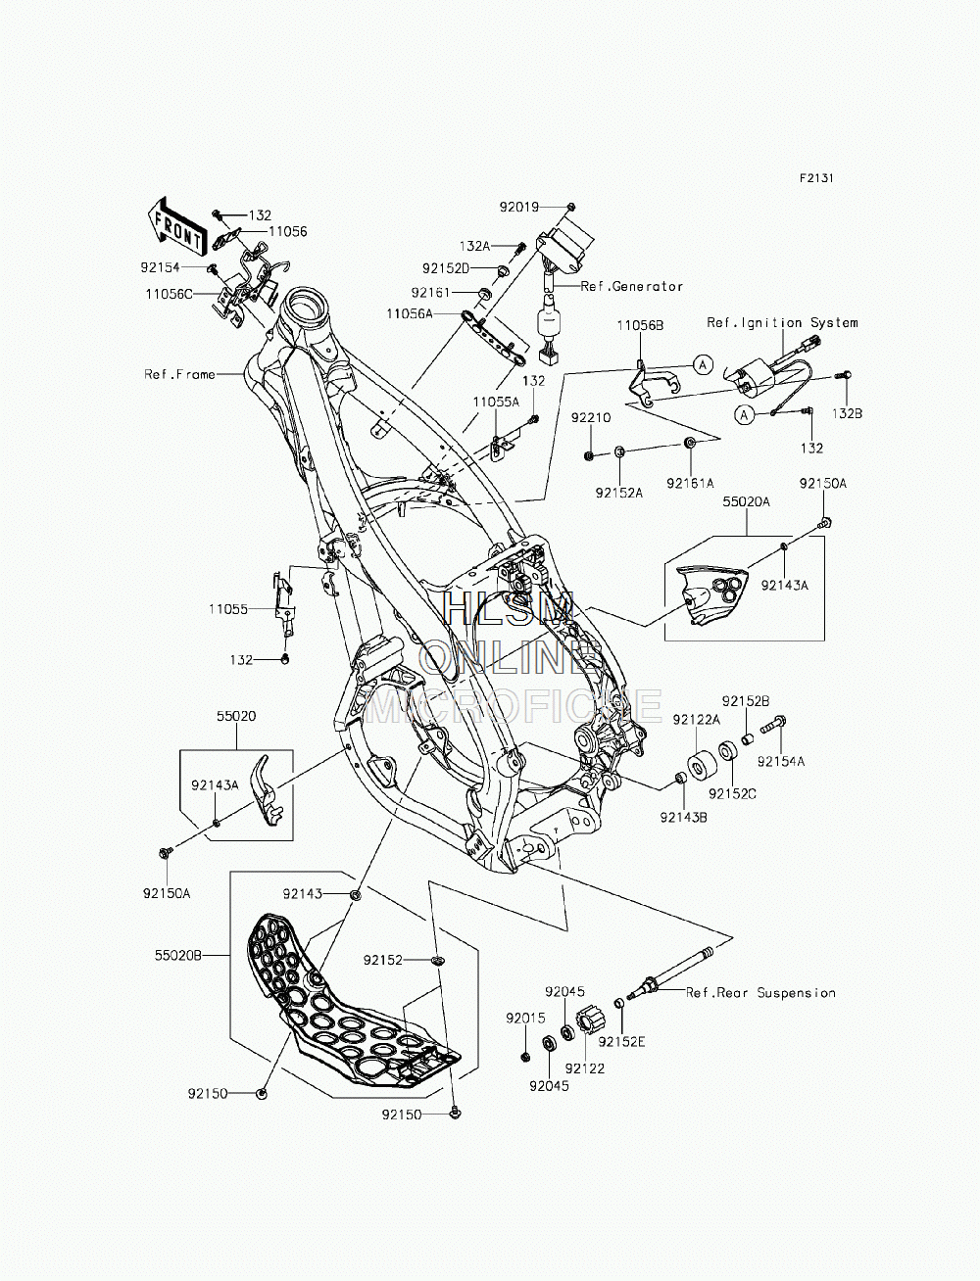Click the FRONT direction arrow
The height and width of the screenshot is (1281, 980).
[x=176, y=227]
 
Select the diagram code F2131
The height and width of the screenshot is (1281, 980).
[x=816, y=178]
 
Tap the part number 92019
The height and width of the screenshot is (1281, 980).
[x=518, y=207]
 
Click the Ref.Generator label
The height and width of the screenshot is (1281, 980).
[x=632, y=287]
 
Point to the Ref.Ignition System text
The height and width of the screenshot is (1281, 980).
[x=782, y=323]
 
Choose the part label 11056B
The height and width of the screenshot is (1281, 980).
[x=641, y=326]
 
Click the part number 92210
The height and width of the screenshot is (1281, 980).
[x=591, y=418]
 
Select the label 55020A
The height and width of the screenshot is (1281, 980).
[x=747, y=501]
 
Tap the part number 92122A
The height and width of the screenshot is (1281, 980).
[x=696, y=720]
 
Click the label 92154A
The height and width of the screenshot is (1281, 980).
[x=781, y=762]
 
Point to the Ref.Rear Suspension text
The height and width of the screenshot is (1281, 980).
[x=760, y=993]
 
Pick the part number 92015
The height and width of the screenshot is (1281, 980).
[x=525, y=1019]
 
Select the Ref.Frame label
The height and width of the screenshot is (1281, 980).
[x=180, y=374]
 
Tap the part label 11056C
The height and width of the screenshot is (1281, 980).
[x=170, y=294]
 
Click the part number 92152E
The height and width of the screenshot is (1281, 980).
[x=621, y=1042]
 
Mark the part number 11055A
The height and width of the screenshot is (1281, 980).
[x=496, y=402]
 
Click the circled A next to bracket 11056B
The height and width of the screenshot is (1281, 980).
[x=704, y=364]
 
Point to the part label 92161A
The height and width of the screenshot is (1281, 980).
[x=690, y=483]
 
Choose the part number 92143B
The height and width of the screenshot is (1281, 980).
[x=684, y=818]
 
